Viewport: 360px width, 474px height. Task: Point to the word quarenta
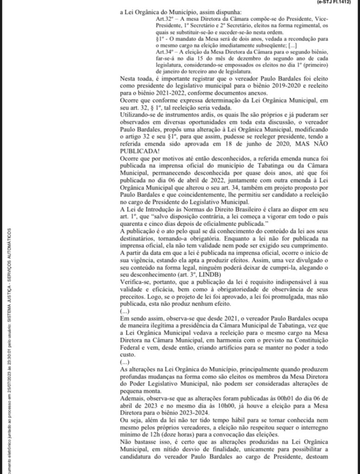(x=133, y=224)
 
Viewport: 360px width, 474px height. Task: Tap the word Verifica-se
(x=136, y=281)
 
